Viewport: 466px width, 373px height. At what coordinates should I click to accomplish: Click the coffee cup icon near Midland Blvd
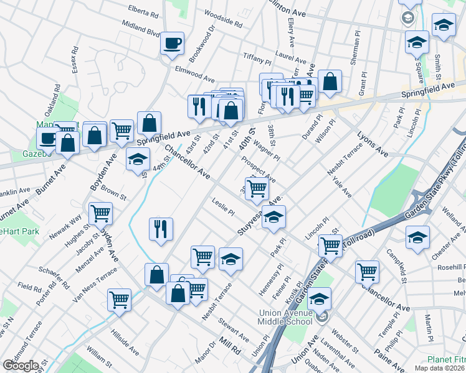(173, 44)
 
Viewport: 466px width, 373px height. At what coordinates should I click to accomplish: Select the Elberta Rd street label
(145, 9)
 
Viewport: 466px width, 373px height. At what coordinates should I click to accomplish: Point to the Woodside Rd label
(222, 19)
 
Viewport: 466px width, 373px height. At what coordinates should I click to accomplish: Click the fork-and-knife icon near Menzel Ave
(161, 229)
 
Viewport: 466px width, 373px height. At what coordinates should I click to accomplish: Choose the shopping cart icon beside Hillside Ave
(119, 299)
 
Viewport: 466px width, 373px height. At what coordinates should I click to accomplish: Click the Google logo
(21, 366)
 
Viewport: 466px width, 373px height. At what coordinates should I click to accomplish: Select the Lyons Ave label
(373, 144)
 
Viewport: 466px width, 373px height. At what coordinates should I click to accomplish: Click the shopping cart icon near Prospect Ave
(257, 188)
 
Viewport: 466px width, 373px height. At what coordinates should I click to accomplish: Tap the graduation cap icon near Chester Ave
(417, 236)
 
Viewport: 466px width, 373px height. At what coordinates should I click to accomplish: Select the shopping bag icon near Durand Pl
(330, 81)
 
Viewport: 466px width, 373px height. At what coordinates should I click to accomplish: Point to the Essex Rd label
(75, 59)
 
